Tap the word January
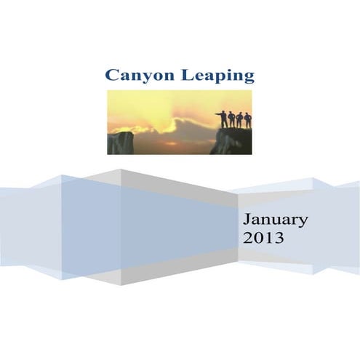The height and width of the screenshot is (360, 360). pos(276,219)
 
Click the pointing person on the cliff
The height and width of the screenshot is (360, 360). pos(223,119)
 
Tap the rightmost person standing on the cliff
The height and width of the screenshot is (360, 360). pos(248,121)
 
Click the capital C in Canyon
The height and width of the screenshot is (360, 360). pos(112,76)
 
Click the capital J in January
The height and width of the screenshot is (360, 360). pos(248,219)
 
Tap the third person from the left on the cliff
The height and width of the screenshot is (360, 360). pos(240,120)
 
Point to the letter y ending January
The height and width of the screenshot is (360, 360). pos(303,221)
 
